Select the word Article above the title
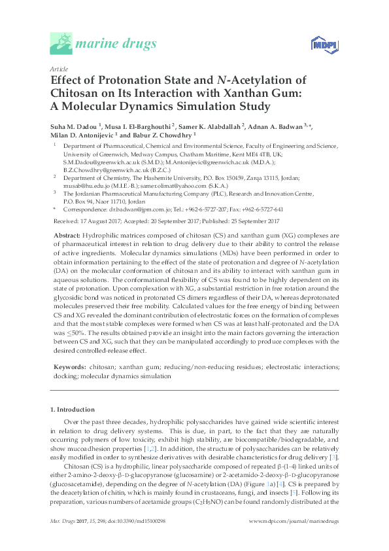coord(59,68)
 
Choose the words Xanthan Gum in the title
coord(262,93)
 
